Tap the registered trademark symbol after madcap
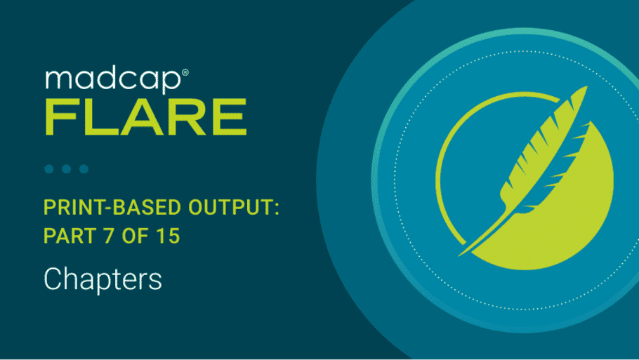coord(185,72)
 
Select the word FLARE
coord(146,117)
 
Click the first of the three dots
coord(49,168)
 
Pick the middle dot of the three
coord(67,168)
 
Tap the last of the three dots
coord(84,168)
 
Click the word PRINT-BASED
coord(112,208)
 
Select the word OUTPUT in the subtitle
coord(230,208)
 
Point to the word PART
coord(69,236)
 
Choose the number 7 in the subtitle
coord(109,236)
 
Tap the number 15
coord(169,236)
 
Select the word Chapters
coord(103,279)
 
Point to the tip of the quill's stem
coord(459,255)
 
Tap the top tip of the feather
coord(587,87)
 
